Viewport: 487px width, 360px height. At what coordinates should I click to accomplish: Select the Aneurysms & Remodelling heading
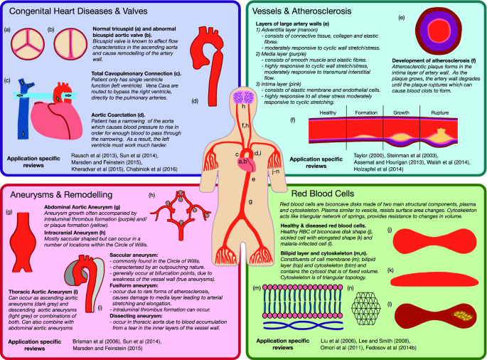(x=60, y=194)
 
